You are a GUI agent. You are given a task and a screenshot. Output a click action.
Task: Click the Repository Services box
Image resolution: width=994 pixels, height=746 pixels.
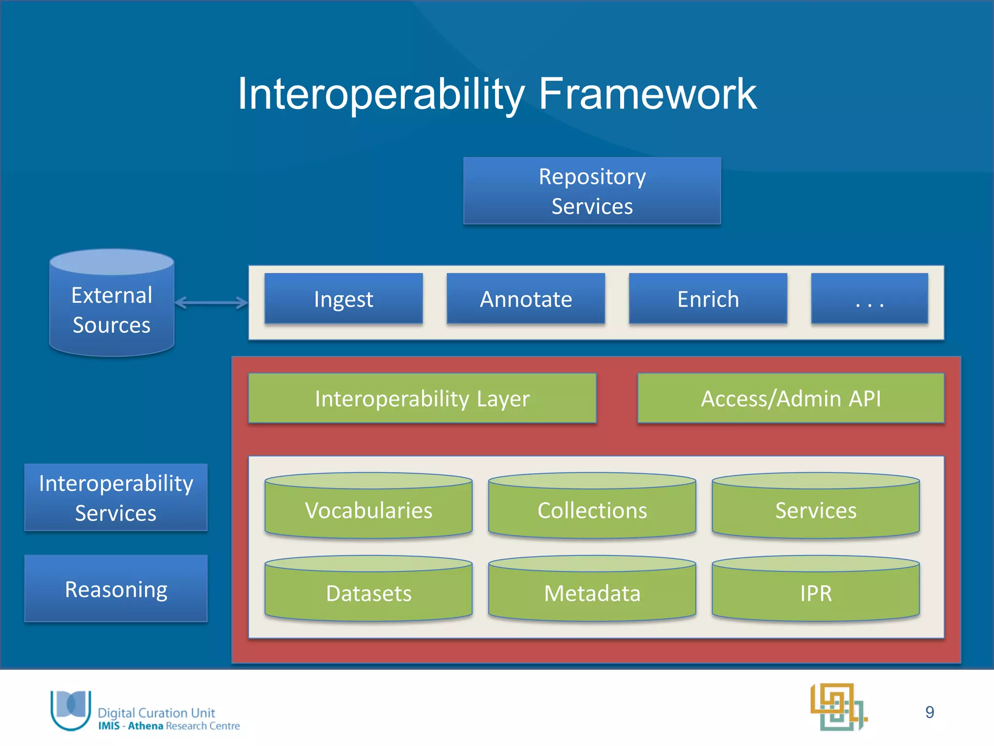pos(592,191)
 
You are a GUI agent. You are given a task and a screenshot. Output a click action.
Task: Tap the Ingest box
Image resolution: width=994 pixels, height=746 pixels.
pos(343,299)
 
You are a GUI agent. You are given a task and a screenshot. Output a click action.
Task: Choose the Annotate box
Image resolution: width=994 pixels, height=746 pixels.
pos(526,299)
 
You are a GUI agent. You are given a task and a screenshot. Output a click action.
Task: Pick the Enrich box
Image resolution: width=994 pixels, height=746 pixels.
pos(708,299)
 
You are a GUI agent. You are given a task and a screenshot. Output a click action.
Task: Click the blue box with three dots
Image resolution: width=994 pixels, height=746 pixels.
pos(869,299)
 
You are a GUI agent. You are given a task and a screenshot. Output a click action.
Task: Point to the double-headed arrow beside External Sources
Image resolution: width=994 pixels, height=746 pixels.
pos(211,303)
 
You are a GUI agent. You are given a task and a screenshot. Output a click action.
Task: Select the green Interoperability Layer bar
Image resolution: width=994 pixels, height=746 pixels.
pos(422,398)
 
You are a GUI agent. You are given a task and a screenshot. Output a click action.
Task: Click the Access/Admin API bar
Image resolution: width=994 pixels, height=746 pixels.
pos(790,398)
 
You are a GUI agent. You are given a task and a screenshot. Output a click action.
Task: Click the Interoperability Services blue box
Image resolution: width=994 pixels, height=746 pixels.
pos(116,497)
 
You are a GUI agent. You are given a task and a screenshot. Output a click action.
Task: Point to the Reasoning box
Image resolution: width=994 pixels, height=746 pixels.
pos(116,589)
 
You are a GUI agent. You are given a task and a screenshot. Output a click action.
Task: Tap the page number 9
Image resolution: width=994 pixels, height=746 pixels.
pos(929,712)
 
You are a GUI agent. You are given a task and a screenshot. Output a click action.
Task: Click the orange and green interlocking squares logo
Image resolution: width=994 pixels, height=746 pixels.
pos(838,707)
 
